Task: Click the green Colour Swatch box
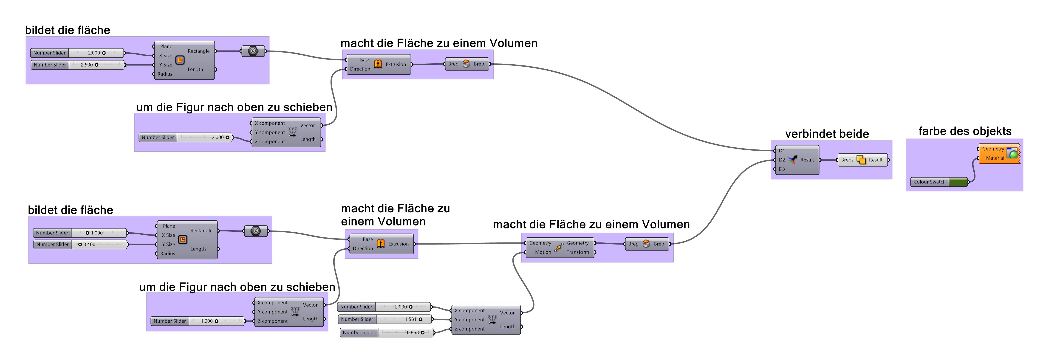point(958,182)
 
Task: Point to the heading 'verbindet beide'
point(827,134)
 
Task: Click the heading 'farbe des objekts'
point(964,131)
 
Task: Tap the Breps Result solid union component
point(861,160)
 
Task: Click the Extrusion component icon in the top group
point(378,64)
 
